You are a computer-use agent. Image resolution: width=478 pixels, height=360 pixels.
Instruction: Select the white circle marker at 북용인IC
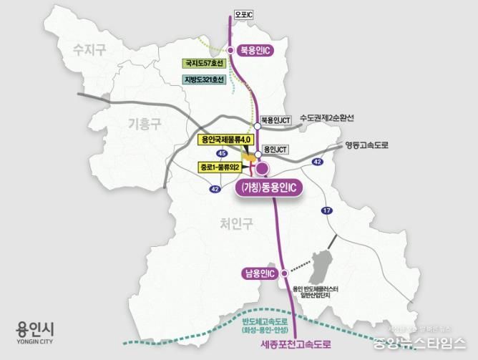pyautogui.click(x=231, y=50)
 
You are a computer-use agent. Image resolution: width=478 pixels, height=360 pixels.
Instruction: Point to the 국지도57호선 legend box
pyautogui.click(x=205, y=63)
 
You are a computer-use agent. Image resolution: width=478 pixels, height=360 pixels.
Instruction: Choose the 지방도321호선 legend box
pyautogui.click(x=204, y=79)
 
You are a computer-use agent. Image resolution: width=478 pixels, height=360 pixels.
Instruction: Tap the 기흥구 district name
pyautogui.click(x=145, y=123)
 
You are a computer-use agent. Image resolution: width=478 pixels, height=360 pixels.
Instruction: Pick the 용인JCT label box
pyautogui.click(x=274, y=150)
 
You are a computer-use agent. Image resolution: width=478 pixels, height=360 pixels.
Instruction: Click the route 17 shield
pyautogui.click(x=328, y=210)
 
